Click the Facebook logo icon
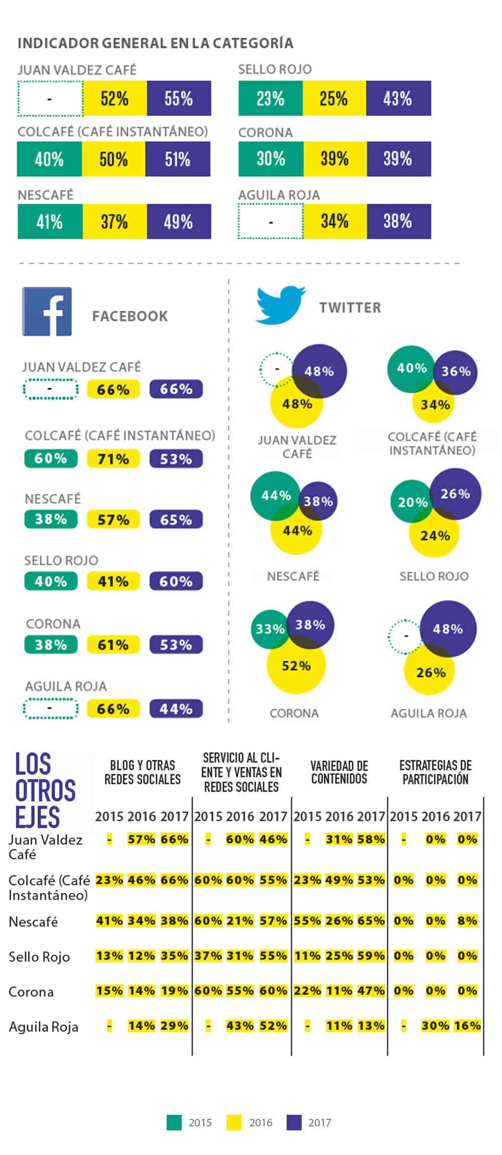(47, 311)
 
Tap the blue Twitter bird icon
(280, 305)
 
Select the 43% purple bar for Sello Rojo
(398, 98)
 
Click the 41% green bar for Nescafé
(50, 221)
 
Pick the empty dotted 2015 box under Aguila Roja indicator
(271, 221)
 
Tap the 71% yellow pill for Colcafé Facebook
(113, 459)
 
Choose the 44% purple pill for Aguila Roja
(176, 709)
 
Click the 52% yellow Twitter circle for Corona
(296, 666)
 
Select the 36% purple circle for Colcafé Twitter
(456, 372)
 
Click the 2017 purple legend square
(294, 1122)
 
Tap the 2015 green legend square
(174, 1122)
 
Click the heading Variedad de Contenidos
(339, 772)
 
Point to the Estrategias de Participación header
(435, 772)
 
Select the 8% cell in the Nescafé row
(467, 920)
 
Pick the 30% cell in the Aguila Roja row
(435, 1026)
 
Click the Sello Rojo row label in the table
(39, 957)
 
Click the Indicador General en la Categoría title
(155, 43)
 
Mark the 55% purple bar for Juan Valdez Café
(179, 98)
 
